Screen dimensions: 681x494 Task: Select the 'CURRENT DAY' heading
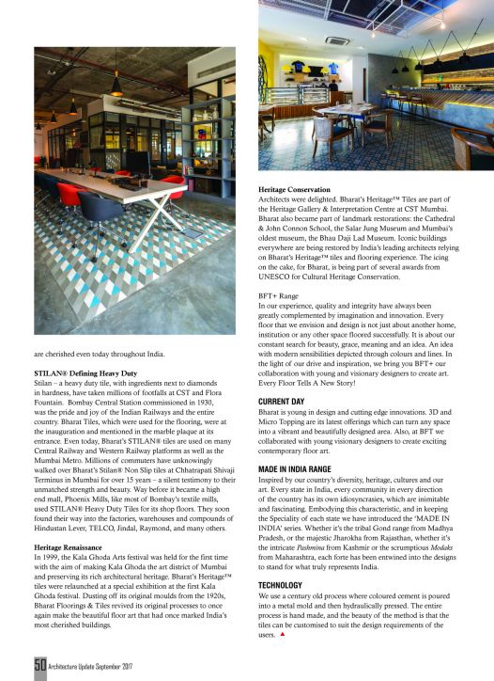pos(282,402)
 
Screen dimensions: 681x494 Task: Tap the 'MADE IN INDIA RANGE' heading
pos(299,468)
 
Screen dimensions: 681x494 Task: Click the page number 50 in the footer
pos(41,665)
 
